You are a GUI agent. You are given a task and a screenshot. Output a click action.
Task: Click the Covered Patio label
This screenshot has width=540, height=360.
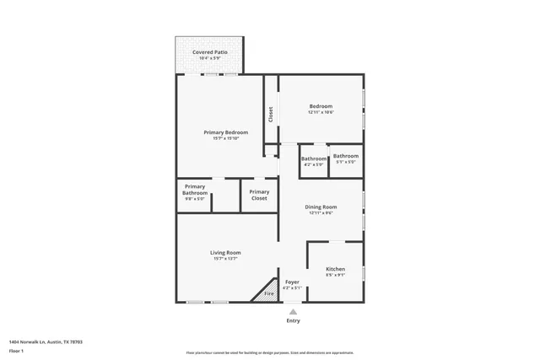210,52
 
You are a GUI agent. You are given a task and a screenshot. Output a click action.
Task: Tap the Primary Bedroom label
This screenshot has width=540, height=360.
226,132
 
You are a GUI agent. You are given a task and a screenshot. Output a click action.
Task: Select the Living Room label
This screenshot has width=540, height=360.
226,252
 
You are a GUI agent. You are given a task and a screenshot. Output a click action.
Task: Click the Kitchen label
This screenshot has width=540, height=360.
335,269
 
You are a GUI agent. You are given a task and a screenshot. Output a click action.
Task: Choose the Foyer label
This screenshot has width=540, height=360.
292,282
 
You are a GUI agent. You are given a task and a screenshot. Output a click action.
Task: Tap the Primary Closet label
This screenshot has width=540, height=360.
259,195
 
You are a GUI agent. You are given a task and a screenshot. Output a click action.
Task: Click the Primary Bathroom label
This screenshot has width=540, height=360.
195,190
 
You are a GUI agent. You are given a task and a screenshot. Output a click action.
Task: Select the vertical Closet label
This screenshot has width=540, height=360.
271,114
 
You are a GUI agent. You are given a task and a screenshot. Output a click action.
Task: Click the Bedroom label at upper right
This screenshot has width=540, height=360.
321,105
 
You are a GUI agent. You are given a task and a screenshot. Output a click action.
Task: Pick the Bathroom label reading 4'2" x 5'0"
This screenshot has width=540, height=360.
314,159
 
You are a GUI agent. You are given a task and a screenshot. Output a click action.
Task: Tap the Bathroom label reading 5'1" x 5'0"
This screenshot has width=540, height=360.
346,156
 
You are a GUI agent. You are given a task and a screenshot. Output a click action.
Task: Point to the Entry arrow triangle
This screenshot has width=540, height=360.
293,310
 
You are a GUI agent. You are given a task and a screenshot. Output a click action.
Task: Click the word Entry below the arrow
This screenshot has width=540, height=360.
293,320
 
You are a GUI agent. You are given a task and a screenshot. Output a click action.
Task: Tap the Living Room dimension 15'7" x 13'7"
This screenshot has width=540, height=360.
226,259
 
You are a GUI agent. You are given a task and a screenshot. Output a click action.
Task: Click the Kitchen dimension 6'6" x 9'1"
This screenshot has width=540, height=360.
335,275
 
